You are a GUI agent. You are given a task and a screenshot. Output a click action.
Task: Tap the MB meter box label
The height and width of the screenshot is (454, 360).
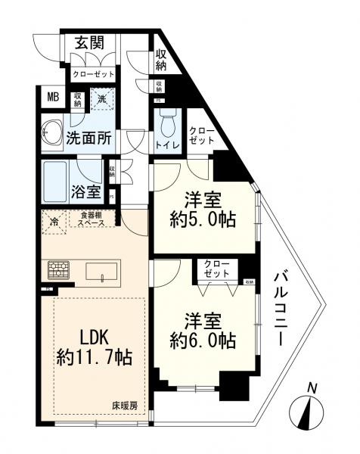(53, 97)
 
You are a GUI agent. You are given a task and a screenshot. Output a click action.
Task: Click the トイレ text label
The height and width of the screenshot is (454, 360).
(166, 143)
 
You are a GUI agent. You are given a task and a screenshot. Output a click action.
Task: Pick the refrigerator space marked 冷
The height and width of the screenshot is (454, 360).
(54, 223)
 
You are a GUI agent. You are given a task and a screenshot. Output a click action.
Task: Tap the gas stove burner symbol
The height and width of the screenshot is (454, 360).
(59, 269)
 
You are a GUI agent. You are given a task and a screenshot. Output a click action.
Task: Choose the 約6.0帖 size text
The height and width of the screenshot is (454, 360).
(203, 341)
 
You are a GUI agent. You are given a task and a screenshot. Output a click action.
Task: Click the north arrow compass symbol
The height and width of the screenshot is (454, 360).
(309, 409)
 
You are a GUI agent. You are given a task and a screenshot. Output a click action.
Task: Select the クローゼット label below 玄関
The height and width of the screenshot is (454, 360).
(94, 75)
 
